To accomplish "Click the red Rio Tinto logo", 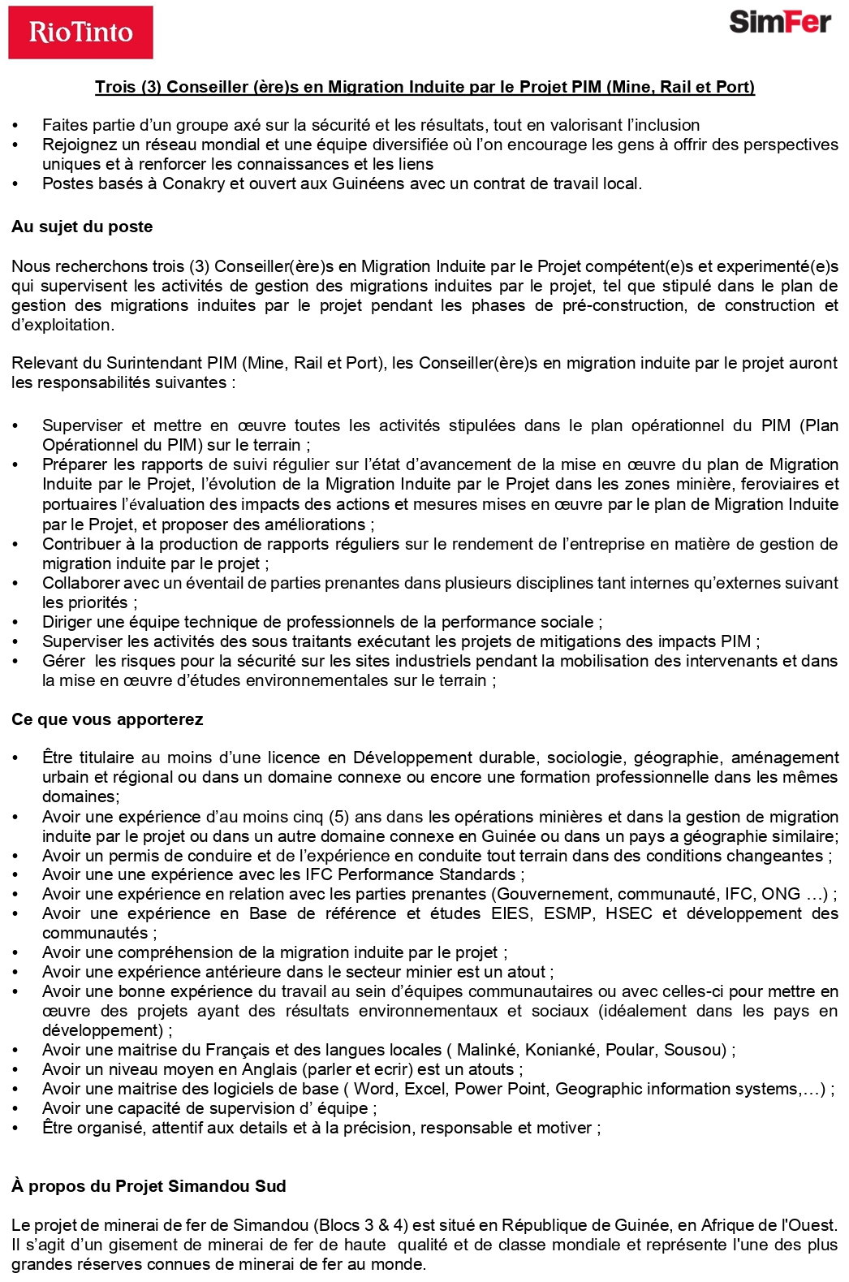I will pos(80,32).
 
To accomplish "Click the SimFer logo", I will pos(780,23).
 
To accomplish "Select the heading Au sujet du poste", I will pos(82,227).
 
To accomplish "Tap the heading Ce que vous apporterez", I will pos(107,719).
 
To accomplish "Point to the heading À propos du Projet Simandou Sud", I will pos(149,1186).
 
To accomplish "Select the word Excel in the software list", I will pos(425,1089).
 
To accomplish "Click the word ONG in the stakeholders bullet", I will pos(780,894).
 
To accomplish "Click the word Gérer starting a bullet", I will pos(63,661).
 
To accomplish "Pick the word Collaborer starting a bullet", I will pos(80,583).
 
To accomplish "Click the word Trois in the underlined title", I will pos(115,87).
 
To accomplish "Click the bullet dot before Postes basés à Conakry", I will pos(15,183).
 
